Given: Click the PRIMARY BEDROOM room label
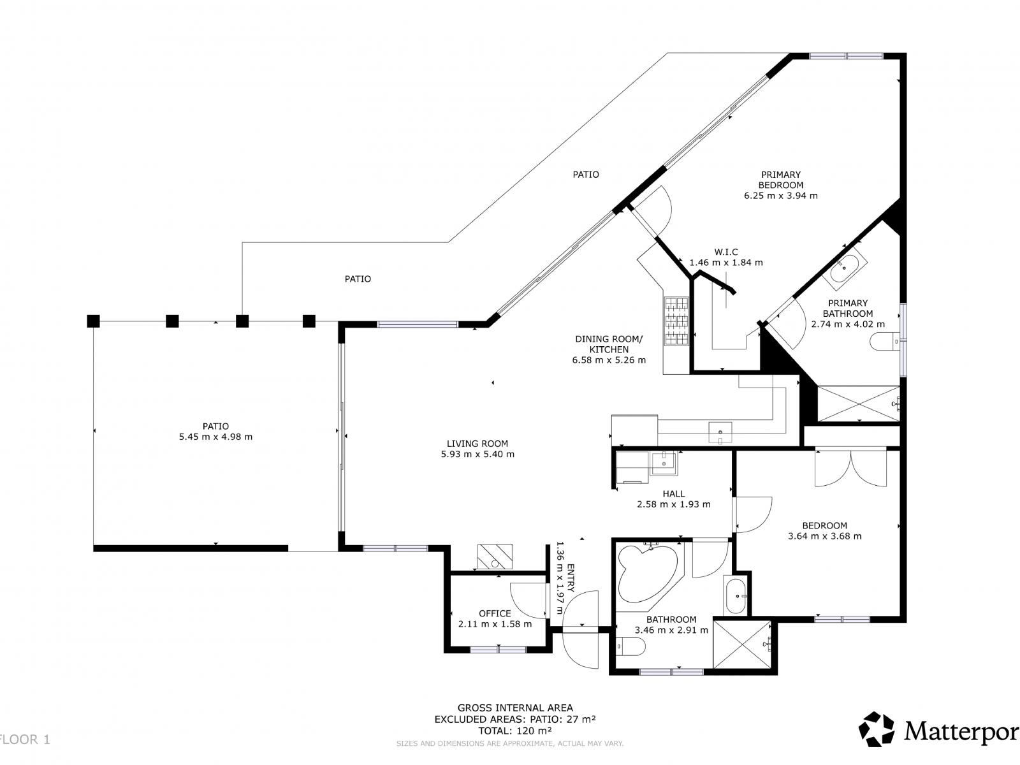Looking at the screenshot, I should [x=780, y=180].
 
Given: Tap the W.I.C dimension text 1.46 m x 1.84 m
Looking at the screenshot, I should [x=726, y=263].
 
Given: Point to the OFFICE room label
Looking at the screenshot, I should [x=495, y=613].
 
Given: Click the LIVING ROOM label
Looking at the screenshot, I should [x=477, y=444].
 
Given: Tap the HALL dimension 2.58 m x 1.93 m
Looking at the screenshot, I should [x=673, y=504].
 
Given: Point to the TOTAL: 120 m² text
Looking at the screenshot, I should [x=515, y=731].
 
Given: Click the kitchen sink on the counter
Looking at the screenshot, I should [x=720, y=432].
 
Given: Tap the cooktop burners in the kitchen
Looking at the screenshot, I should [x=676, y=321].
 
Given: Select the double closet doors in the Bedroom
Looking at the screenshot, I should [x=850, y=469].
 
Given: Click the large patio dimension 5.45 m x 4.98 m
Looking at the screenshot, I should [x=216, y=437].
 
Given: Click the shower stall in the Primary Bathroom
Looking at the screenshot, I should [x=857, y=404].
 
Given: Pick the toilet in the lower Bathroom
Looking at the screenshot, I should [x=630, y=647].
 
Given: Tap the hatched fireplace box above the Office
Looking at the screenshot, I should [x=495, y=557].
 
